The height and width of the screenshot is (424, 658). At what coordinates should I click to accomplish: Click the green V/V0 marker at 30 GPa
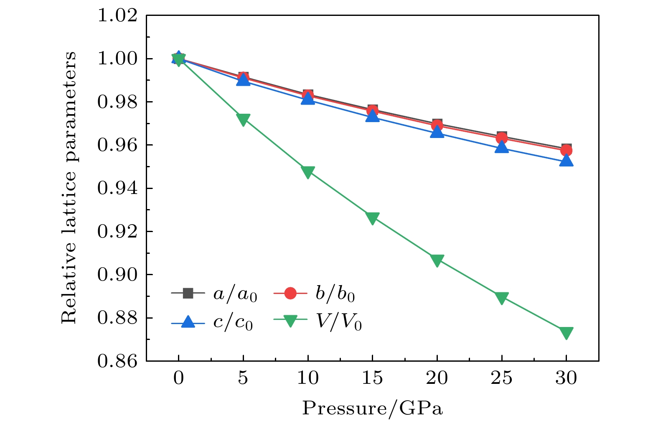pos(566,332)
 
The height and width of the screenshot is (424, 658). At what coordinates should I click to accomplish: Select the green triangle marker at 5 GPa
pos(243,119)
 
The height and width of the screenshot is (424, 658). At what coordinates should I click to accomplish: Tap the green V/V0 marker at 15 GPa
pos(372,218)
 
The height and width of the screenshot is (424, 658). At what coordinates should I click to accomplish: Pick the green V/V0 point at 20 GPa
pos(437,260)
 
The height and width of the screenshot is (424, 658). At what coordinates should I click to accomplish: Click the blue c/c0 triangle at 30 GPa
pos(566,161)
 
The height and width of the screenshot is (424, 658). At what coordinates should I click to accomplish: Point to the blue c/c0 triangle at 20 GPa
pos(437,132)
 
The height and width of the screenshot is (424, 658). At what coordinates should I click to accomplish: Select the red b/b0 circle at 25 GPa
pos(501,138)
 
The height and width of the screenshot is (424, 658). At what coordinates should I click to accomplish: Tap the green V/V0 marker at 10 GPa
pos(308,172)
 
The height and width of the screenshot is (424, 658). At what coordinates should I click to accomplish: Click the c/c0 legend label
pos(233,323)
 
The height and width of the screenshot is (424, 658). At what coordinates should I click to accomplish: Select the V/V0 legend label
pos(338,323)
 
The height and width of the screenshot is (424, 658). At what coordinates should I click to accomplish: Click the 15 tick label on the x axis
pos(372,378)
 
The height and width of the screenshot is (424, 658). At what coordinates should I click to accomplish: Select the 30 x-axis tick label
pos(566,378)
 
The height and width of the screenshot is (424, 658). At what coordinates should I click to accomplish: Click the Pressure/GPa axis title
pos(372,408)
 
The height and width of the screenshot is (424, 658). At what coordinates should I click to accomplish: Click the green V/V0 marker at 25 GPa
pos(501,298)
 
